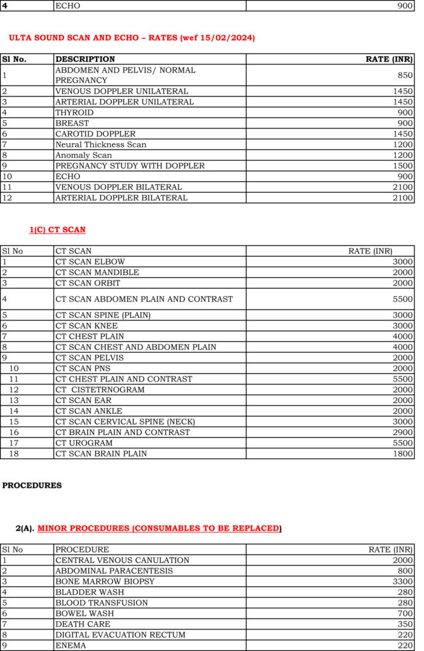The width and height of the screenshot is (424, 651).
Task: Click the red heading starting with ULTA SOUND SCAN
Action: pos(132,38)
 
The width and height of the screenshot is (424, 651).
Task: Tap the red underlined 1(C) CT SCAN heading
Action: pos(57,230)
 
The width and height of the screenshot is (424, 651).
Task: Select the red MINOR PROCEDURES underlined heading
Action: pos(158,528)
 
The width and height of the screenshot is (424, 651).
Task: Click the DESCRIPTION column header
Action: pos(85,59)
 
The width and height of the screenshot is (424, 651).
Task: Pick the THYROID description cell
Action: pos(74,113)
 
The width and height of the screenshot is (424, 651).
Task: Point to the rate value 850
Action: pos(404,75)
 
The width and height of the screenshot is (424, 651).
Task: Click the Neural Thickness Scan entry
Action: pos(100,144)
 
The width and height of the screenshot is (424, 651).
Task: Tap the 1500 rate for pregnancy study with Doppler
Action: pos(402,166)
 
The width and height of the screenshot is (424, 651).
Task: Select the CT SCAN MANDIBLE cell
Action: pos(97,272)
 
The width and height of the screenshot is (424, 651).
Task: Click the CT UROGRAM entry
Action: pos(84,443)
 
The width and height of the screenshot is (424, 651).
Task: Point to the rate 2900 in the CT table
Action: pos(402,432)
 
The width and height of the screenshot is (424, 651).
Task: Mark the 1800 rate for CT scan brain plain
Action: pos(402,454)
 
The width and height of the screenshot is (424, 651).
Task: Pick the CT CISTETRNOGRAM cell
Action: pos(100,390)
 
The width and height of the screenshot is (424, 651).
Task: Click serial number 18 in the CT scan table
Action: pos(13,454)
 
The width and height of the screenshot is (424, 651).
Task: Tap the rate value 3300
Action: pos(402,582)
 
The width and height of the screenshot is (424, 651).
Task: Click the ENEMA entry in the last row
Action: pos(71,645)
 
